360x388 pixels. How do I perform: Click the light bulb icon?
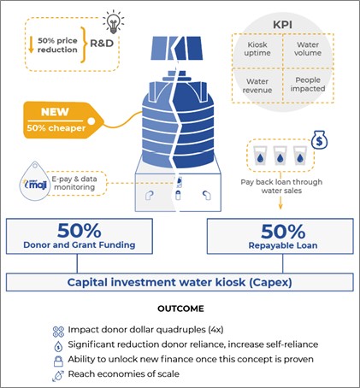point(114,21)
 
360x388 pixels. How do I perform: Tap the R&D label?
point(102,44)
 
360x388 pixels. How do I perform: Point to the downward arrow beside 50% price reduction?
point(32,45)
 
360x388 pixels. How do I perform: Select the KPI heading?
point(282,25)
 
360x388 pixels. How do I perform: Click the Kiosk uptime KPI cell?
point(257,49)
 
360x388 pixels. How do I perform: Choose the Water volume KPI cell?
point(308,49)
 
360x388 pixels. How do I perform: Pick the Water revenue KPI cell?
point(257,85)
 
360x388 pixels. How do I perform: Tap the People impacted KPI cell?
point(308,85)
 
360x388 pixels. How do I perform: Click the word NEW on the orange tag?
point(55,112)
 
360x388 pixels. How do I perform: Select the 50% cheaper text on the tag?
point(56,128)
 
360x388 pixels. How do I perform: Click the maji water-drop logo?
point(35,181)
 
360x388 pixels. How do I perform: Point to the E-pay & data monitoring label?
point(74,183)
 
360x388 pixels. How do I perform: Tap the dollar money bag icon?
point(319,140)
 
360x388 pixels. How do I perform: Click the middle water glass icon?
point(280,156)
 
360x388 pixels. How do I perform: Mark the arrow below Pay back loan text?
point(280,203)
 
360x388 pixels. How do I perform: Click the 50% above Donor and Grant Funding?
point(80,231)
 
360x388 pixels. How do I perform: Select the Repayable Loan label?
point(283,245)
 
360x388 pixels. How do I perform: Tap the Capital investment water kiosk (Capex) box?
point(180,282)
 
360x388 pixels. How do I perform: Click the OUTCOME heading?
point(180,309)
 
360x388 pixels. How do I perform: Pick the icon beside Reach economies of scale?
point(58,375)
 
